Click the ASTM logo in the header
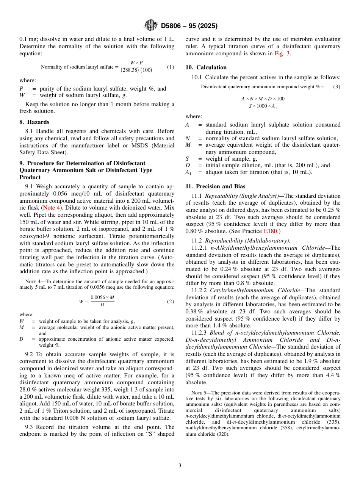(150, 26)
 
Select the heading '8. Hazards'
(34, 122)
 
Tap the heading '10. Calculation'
(206, 67)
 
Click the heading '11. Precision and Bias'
(215, 186)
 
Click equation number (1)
(171, 67)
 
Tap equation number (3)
(337, 87)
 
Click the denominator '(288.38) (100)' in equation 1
(136, 70)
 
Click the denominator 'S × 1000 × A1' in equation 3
(263, 106)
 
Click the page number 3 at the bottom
(180, 466)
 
